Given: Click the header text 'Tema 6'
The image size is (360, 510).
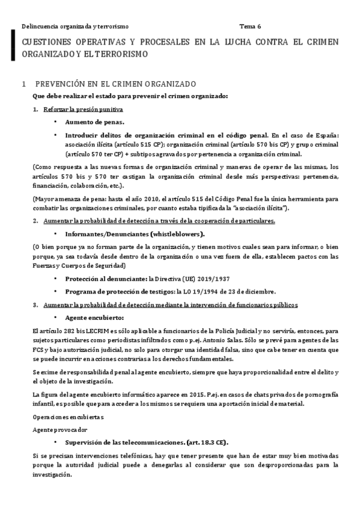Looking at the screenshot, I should (x=250, y=26).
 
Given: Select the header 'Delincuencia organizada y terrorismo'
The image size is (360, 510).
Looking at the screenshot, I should (x=75, y=26).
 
